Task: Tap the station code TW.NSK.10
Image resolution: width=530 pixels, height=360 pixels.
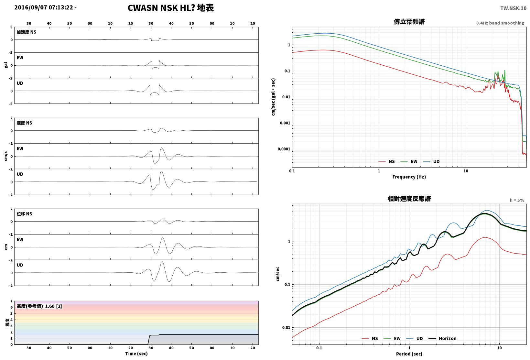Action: (513, 8)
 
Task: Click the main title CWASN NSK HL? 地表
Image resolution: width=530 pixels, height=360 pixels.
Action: (171, 8)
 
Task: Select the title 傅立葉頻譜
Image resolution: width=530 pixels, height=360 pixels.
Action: (409, 22)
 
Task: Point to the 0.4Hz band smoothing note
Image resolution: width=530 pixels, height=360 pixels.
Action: (500, 23)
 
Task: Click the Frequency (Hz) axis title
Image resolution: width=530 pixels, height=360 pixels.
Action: (409, 177)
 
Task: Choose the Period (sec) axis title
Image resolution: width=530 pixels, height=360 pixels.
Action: (409, 354)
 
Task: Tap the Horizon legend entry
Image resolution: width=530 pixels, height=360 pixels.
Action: (442, 338)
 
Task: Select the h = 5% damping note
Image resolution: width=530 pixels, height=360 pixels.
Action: (517, 200)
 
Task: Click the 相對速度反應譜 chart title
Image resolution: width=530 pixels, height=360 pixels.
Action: (409, 199)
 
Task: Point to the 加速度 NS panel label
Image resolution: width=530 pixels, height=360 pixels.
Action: (26, 32)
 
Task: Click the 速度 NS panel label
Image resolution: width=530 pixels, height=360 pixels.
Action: (24, 123)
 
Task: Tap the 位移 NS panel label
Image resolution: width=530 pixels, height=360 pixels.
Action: (24, 214)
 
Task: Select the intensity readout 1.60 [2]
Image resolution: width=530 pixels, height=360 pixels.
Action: (53, 306)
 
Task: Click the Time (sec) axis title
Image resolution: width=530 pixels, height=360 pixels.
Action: (136, 354)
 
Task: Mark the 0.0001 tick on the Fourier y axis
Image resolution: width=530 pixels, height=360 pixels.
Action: (284, 149)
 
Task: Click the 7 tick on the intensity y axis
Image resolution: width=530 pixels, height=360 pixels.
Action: (11, 301)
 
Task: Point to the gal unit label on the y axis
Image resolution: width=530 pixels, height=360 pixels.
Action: (6, 65)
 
